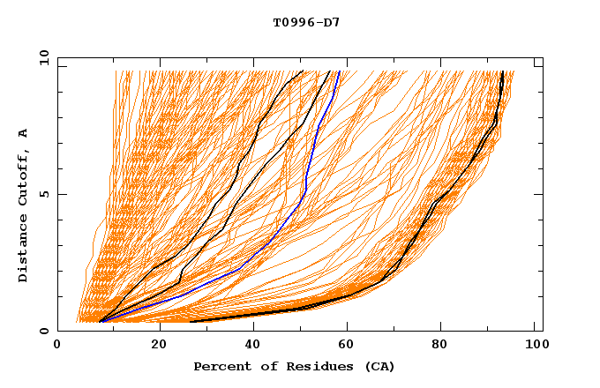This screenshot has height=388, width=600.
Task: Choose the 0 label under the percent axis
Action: tap(58, 347)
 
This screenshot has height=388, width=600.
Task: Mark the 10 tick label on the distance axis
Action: tap(43, 56)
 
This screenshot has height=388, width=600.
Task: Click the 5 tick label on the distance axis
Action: tap(47, 194)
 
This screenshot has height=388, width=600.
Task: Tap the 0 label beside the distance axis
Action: tap(47, 331)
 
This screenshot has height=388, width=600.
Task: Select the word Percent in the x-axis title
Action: tap(220, 367)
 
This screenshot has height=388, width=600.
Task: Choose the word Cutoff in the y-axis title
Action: tap(23, 176)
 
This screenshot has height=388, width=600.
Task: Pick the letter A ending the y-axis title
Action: tap(23, 132)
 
